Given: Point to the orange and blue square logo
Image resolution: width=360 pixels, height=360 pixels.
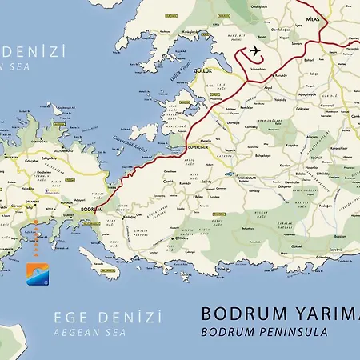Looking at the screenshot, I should pyautogui.click(x=37, y=274).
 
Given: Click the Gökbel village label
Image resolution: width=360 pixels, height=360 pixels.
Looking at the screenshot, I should pyautogui.click(x=297, y=246).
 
